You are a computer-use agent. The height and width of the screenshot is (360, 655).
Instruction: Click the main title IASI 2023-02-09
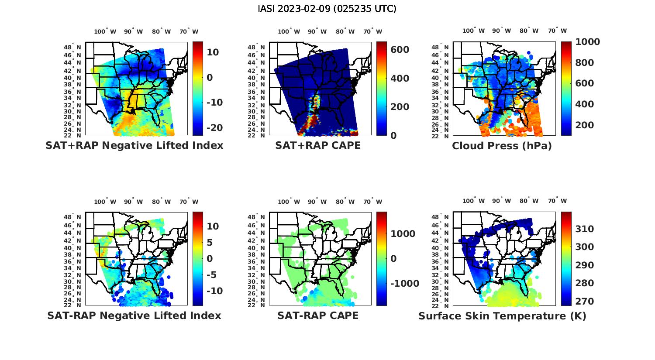327,9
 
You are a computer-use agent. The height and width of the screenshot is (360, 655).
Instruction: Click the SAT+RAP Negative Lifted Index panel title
134,145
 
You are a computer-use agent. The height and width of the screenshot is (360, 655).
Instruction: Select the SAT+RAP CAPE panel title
318,145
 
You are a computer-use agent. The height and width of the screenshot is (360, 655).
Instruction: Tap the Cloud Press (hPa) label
502,146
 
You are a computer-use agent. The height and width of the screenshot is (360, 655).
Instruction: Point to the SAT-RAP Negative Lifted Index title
134,315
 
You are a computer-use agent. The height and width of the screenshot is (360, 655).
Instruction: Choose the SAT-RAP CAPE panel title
318,315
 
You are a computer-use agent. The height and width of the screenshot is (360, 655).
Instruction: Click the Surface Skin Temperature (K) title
502,316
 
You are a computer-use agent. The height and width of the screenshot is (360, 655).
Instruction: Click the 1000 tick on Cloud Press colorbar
587,42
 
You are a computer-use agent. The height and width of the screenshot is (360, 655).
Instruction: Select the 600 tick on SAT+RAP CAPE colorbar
400,50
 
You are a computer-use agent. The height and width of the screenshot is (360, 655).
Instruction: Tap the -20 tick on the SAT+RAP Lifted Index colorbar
214,127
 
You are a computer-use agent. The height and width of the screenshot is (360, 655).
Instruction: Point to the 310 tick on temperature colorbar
584,229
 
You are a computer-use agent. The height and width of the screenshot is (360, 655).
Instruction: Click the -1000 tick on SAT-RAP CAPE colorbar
404,284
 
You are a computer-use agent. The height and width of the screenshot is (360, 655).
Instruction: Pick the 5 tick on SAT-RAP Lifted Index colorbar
210,243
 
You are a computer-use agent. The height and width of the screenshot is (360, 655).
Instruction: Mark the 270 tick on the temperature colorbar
584,302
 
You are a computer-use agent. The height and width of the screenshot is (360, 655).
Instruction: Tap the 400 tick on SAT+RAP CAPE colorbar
400,79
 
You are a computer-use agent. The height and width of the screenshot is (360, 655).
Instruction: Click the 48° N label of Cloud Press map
440,47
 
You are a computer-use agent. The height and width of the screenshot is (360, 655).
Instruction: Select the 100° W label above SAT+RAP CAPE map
289,31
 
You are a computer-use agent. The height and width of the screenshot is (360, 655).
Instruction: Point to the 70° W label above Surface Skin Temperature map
557,201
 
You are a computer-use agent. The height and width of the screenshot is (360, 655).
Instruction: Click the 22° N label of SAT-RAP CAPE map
256,305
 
